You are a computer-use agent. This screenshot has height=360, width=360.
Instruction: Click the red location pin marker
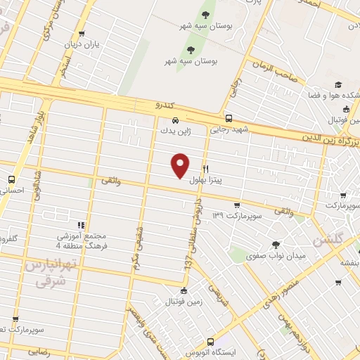click(x=181, y=165)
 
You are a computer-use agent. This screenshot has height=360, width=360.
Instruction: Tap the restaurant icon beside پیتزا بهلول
click(x=205, y=169)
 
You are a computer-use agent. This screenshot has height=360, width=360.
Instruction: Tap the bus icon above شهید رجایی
click(x=229, y=119)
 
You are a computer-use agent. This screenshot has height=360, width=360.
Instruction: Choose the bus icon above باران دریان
click(x=82, y=34)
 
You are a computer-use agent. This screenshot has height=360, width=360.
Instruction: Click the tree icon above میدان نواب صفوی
click(x=275, y=244)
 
